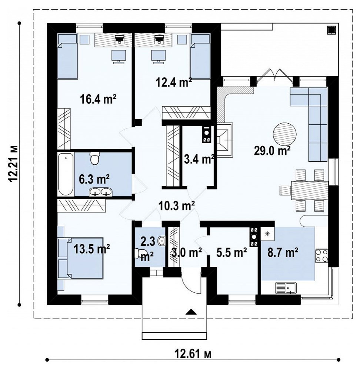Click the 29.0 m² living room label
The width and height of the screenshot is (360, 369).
point(272,151)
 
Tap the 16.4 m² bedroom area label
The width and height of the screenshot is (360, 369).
point(98,99)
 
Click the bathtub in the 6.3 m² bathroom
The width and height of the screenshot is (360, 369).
point(66,174)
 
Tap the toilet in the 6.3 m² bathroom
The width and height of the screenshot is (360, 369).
point(95,158)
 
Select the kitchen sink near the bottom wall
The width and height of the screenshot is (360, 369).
point(286,288)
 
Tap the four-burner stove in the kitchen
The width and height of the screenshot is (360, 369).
point(321,256)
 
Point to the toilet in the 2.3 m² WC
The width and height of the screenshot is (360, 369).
point(140,253)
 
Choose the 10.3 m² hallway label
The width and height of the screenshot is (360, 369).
point(177,206)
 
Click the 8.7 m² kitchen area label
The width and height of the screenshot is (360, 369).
point(283,253)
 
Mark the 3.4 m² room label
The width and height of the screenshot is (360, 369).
point(199,159)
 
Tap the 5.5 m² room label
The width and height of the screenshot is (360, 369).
point(231,253)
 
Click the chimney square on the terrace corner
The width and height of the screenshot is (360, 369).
point(331,30)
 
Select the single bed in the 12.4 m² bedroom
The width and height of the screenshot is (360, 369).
point(200,57)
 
